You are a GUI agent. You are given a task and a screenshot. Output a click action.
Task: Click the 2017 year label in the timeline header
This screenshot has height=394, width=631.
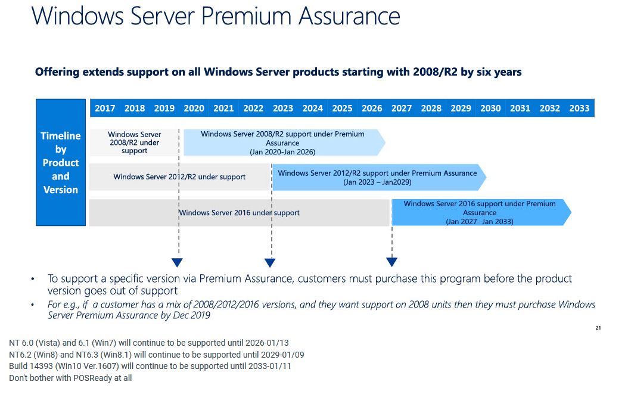pyautogui.click(x=105, y=108)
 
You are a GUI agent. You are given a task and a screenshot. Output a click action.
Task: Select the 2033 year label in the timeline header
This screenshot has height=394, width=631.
pyautogui.click(x=579, y=108)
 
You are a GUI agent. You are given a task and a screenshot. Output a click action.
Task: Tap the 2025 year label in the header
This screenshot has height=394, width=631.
pyautogui.click(x=342, y=108)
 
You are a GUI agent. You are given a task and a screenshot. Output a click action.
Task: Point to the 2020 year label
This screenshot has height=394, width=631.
pyautogui.click(x=194, y=108)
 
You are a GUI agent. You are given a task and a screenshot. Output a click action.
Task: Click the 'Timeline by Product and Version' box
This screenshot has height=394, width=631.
pyautogui.click(x=61, y=163)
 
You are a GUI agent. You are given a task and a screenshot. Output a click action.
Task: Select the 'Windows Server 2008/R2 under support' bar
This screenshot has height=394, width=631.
pyautogui.click(x=134, y=143)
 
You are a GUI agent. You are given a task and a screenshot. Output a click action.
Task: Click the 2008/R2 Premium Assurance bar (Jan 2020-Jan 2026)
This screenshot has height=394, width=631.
pyautogui.click(x=282, y=143)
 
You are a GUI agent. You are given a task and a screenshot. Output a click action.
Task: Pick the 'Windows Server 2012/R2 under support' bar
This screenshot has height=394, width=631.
pyautogui.click(x=179, y=177)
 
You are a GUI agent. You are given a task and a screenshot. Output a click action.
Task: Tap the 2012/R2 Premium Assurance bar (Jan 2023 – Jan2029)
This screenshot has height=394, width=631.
pyautogui.click(x=377, y=178)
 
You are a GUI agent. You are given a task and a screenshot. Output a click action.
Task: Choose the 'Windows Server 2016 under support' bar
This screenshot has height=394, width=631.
pyautogui.click(x=239, y=213)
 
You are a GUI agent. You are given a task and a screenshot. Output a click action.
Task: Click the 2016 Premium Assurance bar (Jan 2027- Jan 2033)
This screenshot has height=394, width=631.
pyautogui.click(x=480, y=212)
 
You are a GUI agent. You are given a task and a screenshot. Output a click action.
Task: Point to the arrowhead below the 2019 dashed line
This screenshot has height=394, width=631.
pyautogui.click(x=177, y=262)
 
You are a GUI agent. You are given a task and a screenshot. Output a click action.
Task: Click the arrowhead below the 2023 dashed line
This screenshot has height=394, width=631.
pyautogui.click(x=270, y=262)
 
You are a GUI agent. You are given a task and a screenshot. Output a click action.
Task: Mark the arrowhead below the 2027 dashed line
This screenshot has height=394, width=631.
pyautogui.click(x=391, y=262)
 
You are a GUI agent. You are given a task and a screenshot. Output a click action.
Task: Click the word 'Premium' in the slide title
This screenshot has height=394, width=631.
pyautogui.click(x=247, y=16)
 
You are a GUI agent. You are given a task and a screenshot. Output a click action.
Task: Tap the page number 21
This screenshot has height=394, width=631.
pyautogui.click(x=598, y=328)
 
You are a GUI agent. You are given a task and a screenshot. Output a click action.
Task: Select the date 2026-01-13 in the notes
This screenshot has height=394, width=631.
pyautogui.click(x=265, y=343)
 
